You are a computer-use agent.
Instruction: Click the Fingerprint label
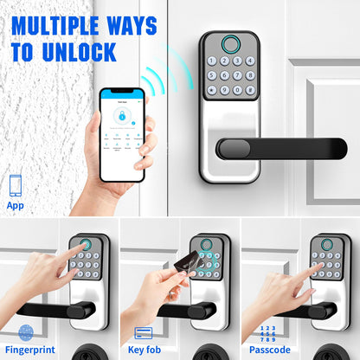30,349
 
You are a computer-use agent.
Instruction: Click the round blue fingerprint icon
26,331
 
